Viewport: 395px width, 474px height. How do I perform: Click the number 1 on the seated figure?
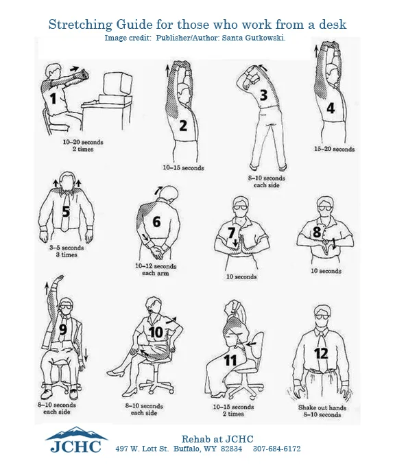click(x=52, y=98)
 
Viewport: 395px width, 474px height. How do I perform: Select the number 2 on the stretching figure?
click(x=183, y=126)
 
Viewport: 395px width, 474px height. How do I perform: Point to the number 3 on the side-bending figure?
click(x=263, y=95)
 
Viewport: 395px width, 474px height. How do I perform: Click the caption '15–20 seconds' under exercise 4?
click(x=334, y=149)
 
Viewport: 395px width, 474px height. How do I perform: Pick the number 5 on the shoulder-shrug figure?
click(x=66, y=211)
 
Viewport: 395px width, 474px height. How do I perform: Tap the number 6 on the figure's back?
click(x=156, y=222)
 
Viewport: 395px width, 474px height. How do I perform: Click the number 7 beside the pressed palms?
click(x=231, y=233)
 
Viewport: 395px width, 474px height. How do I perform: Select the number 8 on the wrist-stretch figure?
click(x=317, y=233)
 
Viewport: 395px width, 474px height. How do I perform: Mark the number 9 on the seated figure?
click(x=63, y=329)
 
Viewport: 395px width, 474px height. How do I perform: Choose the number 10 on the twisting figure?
click(x=156, y=333)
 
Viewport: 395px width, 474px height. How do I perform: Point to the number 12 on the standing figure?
click(x=320, y=354)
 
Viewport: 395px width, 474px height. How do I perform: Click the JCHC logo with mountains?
click(x=76, y=440)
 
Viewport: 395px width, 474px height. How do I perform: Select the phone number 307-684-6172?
click(x=277, y=449)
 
